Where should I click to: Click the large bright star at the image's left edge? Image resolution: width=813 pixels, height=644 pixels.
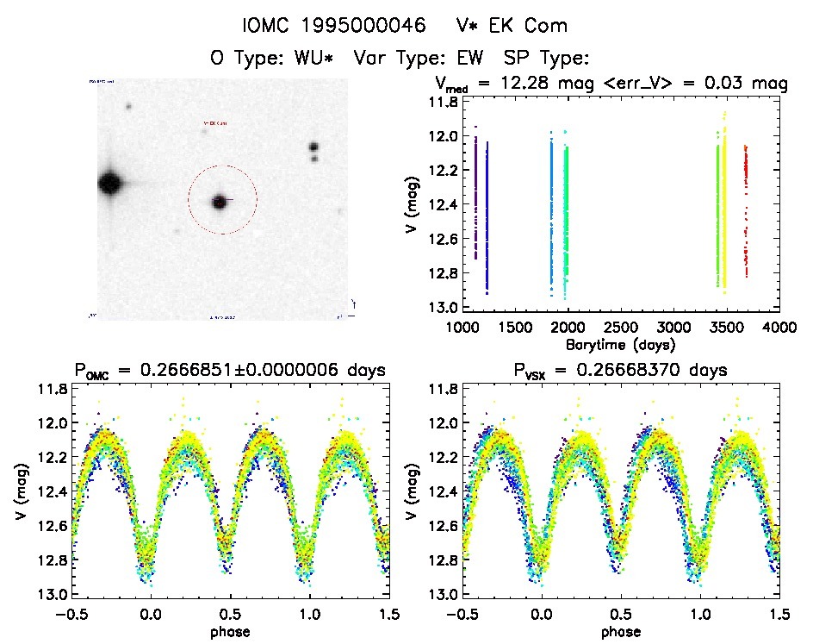click(x=109, y=183)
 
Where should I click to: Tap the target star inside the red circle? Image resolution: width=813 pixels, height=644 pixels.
click(x=220, y=202)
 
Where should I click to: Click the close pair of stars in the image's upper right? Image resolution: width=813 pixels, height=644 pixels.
click(x=313, y=152)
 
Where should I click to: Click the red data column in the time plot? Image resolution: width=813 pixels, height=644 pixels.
click(x=746, y=207)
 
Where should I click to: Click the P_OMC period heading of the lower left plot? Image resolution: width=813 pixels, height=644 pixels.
click(x=228, y=371)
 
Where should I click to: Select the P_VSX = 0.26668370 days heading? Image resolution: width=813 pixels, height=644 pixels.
click(x=620, y=371)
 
